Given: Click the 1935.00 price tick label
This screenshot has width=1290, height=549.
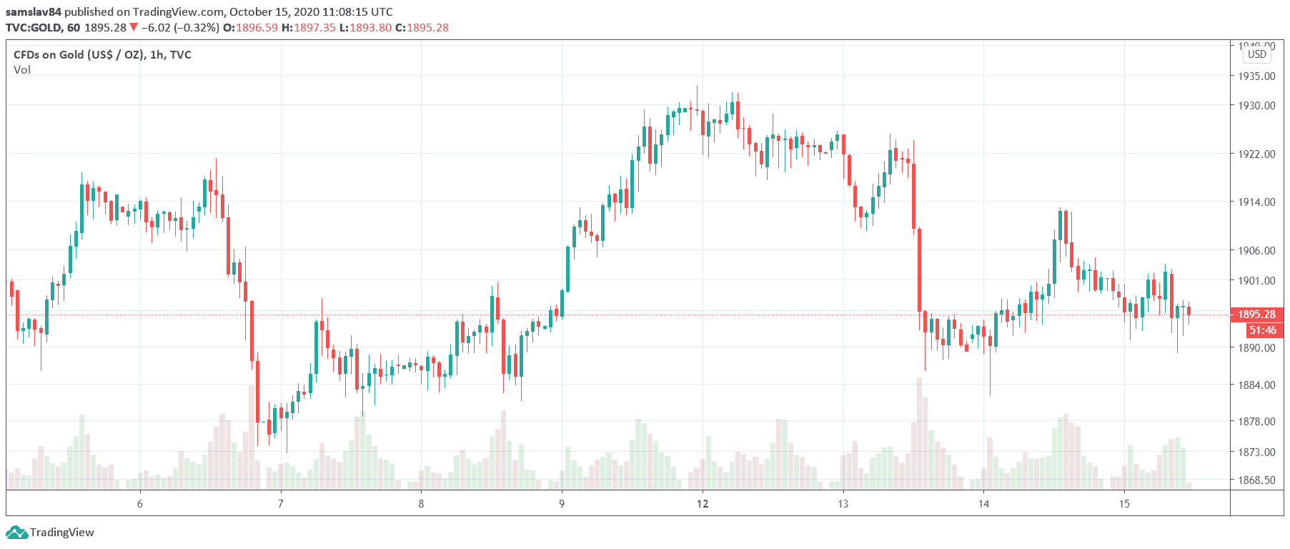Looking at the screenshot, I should click(1256, 76).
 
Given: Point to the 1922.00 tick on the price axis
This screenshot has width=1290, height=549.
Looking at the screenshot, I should click(1256, 154).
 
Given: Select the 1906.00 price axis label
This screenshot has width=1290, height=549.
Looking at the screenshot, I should click(1256, 250).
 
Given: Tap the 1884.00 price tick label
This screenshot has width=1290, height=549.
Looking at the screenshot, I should click(1256, 385).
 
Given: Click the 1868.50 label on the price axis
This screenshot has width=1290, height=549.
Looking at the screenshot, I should click(1256, 480).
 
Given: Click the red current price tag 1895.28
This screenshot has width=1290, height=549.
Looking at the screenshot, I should click(1256, 315).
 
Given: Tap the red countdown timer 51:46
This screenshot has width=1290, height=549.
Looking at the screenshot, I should click(1262, 330).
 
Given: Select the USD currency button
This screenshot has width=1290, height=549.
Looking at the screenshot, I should click(1256, 54).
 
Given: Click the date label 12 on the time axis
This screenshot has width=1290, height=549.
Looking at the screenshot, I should click(703, 504).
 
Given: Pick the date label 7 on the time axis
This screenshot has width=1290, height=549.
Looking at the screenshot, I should click(281, 504).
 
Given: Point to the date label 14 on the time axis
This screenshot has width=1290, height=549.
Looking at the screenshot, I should click(983, 504).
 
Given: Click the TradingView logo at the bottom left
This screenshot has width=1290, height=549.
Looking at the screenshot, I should click(50, 533).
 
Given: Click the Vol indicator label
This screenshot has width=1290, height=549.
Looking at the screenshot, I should click(22, 70).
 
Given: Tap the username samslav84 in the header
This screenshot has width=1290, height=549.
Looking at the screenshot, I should click(33, 12).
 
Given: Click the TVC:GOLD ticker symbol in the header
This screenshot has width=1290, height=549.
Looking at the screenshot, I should click(34, 28).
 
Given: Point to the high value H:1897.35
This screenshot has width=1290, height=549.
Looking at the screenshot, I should click(308, 28).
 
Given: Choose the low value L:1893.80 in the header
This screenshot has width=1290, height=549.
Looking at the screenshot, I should click(365, 28).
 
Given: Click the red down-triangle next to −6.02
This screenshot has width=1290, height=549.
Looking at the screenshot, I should click(134, 27).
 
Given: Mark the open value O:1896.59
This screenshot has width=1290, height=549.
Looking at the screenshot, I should click(250, 28).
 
